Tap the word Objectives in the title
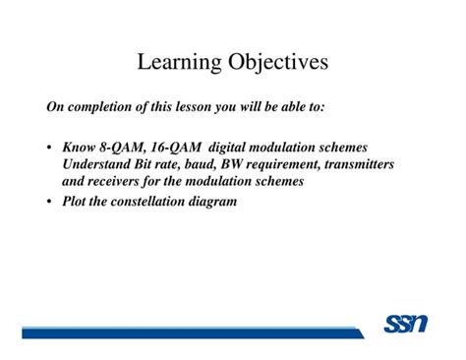pyautogui.click(x=278, y=63)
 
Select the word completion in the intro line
pyautogui.click(x=101, y=104)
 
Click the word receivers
pyautogui.click(x=121, y=182)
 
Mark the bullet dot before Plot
pyautogui.click(x=48, y=204)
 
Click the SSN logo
pyautogui.click(x=403, y=324)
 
